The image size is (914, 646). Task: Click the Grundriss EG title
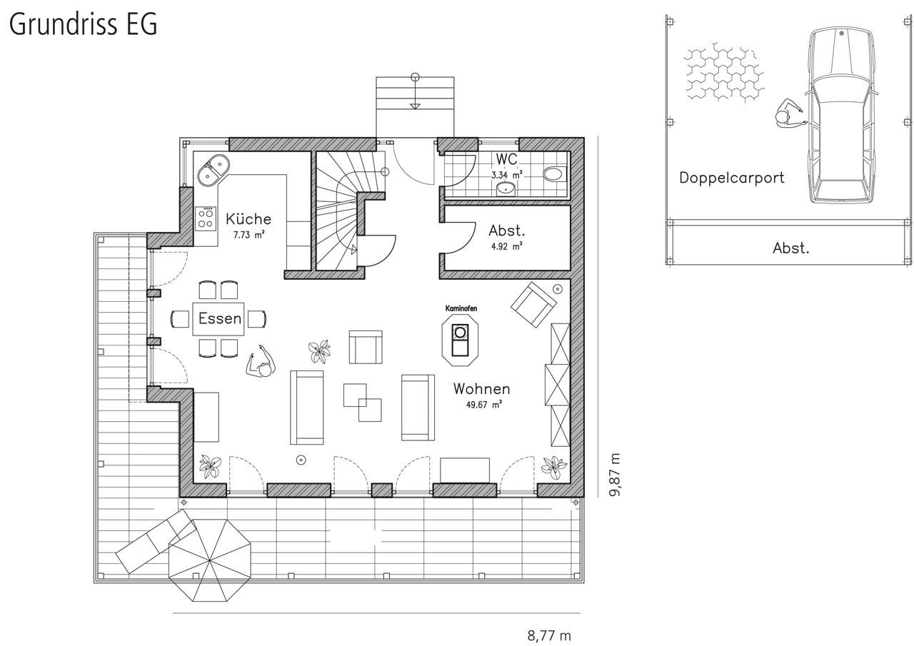84,24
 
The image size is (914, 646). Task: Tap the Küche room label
248,219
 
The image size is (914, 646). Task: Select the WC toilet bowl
554,173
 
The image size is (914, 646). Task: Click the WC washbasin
506,189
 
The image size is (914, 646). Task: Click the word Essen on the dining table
219,318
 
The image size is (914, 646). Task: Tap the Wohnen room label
481,388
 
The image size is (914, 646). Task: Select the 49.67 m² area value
484,405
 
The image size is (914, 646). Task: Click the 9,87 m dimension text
615,474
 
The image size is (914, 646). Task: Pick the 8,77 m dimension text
549,635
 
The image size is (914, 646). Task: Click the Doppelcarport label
732,178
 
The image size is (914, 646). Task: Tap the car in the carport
841,115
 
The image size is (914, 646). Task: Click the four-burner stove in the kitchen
206,218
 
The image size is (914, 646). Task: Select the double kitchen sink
213,170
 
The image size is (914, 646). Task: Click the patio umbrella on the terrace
209,560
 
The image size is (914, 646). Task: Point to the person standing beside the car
789,113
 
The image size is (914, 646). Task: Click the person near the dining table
261,362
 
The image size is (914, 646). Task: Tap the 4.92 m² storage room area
506,247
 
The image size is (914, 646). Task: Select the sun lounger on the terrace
156,541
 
